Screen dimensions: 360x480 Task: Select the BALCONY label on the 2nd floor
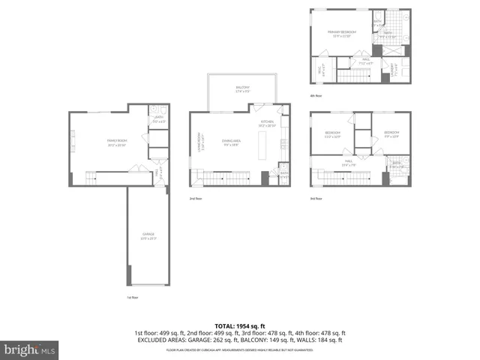point(242,89)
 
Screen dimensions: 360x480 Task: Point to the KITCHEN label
point(267,123)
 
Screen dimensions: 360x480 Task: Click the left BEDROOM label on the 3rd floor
point(332,134)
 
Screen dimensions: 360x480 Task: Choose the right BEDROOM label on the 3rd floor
point(391,134)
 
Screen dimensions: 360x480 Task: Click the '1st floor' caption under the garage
point(133,298)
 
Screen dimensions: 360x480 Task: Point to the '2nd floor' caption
point(196,199)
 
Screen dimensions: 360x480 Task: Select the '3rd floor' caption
point(317,199)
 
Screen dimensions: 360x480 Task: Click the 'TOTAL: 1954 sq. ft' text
point(239,325)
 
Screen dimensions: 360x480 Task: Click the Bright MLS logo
point(29,349)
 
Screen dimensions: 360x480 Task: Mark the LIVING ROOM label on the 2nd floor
point(199,142)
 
